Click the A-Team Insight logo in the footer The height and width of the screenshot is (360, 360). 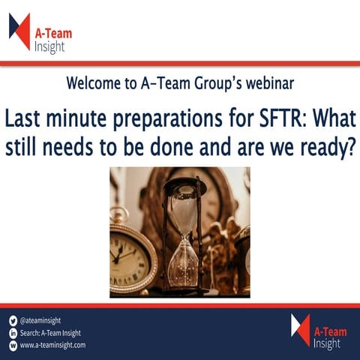click(x=316, y=331)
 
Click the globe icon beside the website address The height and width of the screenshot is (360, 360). click(x=13, y=346)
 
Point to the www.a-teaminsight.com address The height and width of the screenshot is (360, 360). click(x=52, y=346)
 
